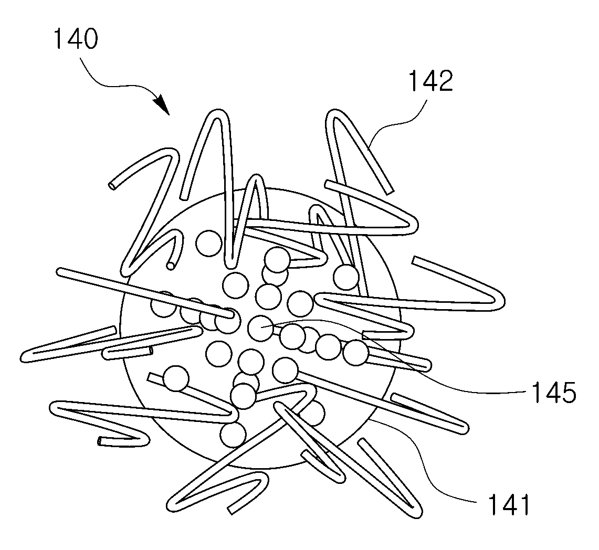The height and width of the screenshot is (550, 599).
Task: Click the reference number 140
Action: [x=76, y=39]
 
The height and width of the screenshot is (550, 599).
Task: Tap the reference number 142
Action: [x=431, y=81]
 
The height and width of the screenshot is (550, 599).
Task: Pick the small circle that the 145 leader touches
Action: [x=260, y=328]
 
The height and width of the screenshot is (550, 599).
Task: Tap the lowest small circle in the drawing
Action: [x=233, y=434]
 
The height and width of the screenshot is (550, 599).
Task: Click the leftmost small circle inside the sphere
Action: [x=164, y=304]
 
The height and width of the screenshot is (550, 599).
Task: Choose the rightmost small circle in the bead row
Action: [x=356, y=353]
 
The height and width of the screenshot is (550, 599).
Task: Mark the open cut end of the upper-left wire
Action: [x=113, y=186]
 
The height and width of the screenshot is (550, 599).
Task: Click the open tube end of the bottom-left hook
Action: [x=100, y=441]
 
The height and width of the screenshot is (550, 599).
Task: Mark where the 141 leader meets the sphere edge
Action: [x=370, y=419]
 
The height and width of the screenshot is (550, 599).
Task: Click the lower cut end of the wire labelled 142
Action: [x=390, y=191]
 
